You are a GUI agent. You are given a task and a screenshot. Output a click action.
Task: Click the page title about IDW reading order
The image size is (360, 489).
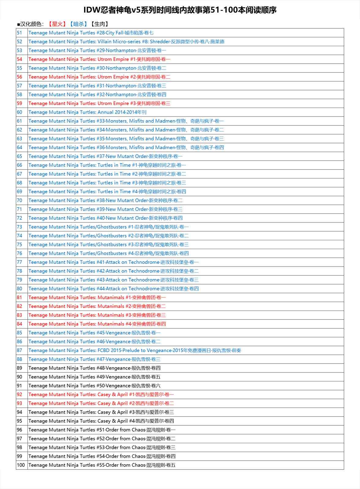[x=180, y=10]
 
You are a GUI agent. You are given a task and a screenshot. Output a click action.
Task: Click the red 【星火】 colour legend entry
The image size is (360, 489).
[x=57, y=24]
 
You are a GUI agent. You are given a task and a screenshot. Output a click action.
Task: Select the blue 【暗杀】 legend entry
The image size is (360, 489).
[x=78, y=24]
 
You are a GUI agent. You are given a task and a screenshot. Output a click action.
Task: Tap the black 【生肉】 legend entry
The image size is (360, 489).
[x=99, y=24]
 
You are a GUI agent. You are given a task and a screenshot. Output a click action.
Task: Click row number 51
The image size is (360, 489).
[x=20, y=33]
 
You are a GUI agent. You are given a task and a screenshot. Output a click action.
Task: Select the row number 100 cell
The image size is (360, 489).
[x=21, y=465]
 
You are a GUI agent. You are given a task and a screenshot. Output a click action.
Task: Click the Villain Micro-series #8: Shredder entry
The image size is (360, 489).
[x=126, y=42]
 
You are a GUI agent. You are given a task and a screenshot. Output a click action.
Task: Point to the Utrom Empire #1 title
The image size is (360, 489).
[x=99, y=59]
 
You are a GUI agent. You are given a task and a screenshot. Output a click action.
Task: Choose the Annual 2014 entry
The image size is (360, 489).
[x=87, y=112]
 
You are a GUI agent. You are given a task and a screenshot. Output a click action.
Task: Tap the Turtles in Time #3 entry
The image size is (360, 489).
[x=107, y=183]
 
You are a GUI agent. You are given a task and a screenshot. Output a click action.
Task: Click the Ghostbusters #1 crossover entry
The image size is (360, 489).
[x=109, y=227]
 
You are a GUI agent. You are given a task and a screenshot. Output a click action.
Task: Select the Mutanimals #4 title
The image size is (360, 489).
[x=97, y=324]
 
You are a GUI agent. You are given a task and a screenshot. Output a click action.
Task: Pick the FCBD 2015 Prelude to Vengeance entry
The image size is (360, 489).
[x=135, y=351]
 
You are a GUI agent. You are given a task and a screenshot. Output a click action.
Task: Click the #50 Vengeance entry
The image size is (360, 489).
[x=95, y=386]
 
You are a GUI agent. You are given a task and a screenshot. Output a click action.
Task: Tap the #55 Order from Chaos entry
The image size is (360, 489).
[x=102, y=465]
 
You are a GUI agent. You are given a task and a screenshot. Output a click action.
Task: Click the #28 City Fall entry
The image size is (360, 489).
[x=91, y=33]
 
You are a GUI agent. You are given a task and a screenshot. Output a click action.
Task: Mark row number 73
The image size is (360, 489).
[x=20, y=227]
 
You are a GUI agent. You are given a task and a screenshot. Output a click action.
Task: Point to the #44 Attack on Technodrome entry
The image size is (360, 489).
[x=113, y=289]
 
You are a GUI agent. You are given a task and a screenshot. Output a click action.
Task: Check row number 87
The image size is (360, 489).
[x=20, y=351]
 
